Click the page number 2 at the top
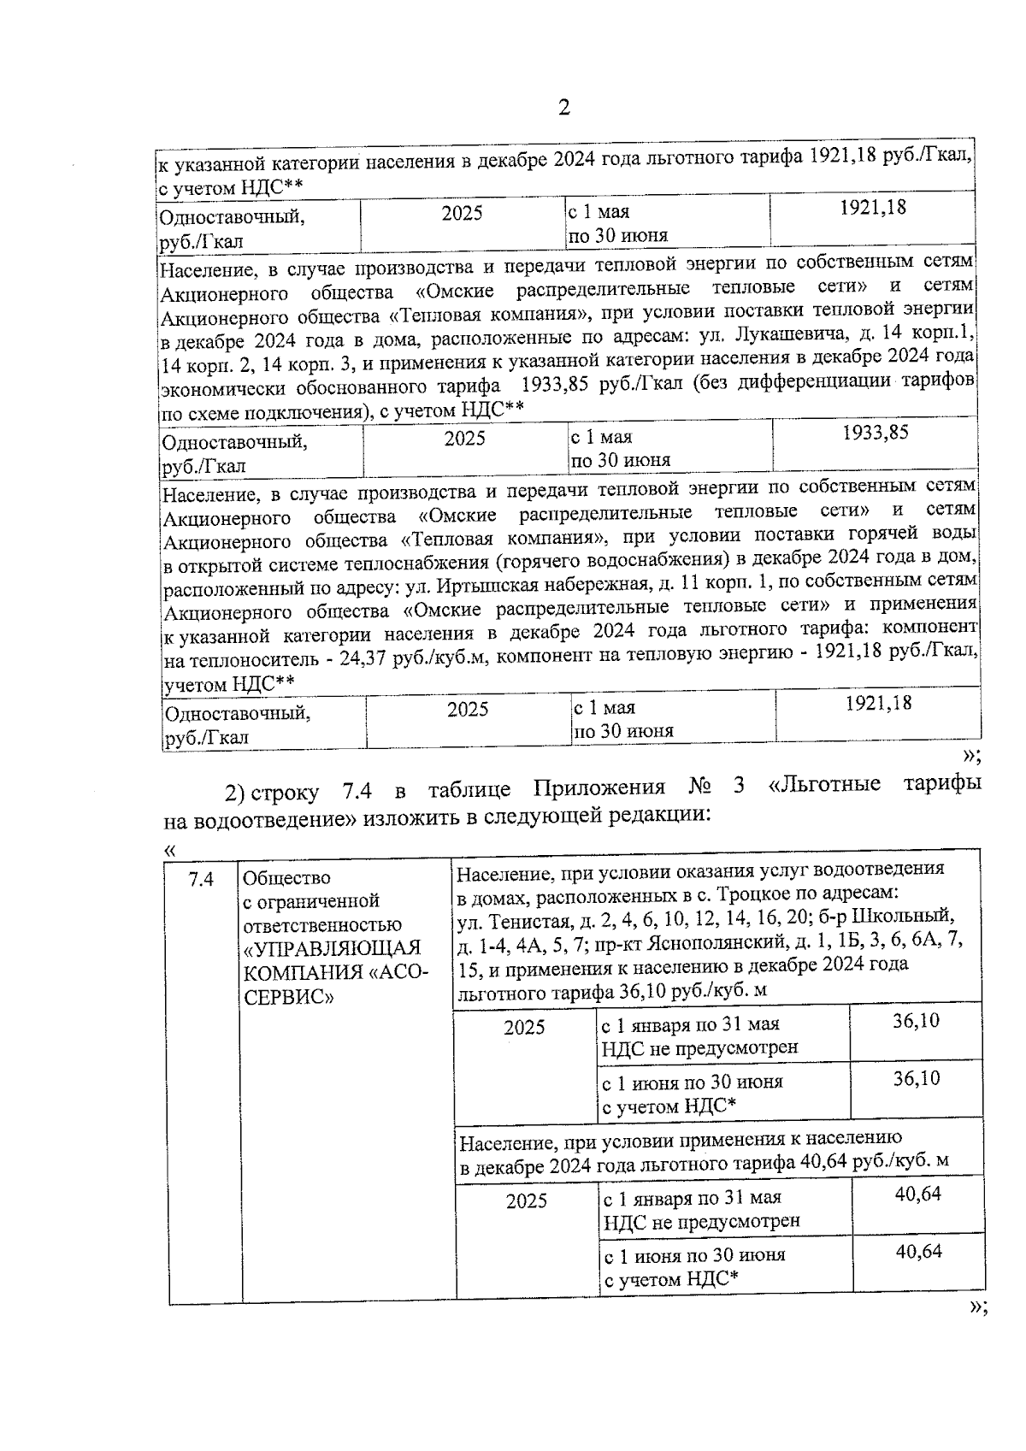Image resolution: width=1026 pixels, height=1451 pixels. click(563, 109)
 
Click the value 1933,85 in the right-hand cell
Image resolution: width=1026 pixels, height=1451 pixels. click(875, 432)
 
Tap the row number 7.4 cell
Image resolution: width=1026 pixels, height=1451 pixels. click(201, 878)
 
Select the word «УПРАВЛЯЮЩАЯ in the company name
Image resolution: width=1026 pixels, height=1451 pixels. click(332, 949)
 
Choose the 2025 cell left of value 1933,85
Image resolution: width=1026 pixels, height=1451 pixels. click(464, 439)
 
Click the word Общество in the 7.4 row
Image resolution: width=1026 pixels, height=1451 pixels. click(286, 878)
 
